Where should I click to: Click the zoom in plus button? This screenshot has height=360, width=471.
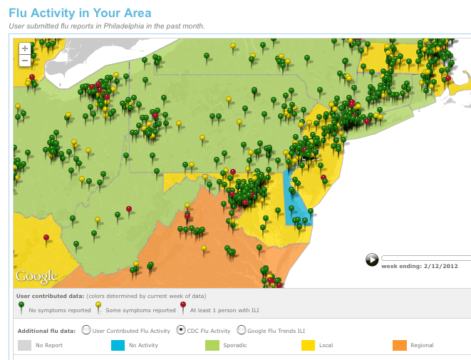[25, 48]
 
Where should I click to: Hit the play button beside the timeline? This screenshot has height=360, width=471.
[372, 259]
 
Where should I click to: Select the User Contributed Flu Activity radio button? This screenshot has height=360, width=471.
[86, 329]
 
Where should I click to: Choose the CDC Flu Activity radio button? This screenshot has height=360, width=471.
[181, 329]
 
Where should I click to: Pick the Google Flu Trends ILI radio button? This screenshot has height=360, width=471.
[242, 329]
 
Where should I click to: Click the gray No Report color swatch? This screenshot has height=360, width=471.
[24, 346]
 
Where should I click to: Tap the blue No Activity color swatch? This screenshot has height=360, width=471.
[118, 346]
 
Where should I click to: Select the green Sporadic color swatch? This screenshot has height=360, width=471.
[212, 346]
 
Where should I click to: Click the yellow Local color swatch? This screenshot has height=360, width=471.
[306, 346]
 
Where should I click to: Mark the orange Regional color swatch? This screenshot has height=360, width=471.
[399, 346]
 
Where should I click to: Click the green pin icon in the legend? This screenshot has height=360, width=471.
[21, 307]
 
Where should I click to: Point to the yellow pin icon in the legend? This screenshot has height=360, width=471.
[98, 307]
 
